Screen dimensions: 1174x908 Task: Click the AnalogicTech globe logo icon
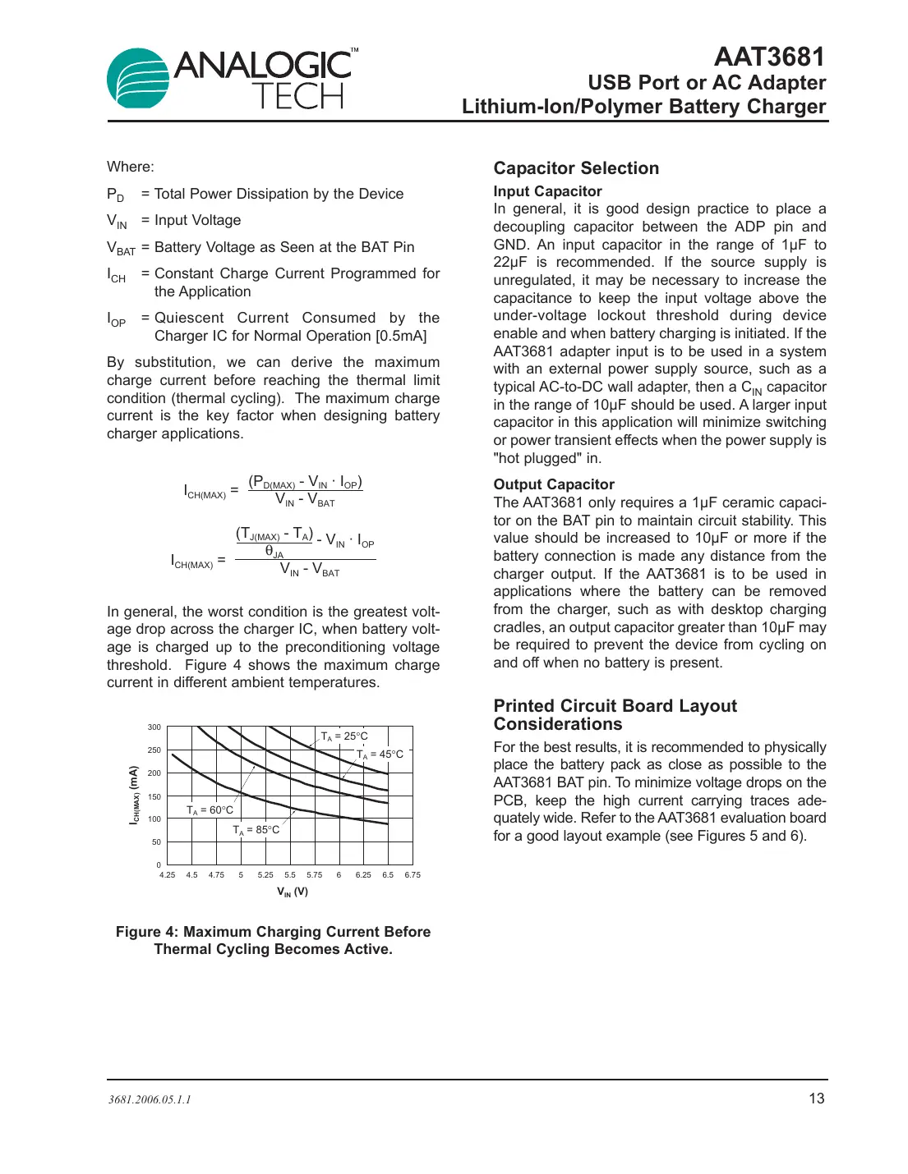coord(137,79)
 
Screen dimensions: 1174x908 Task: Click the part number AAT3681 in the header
coord(769,57)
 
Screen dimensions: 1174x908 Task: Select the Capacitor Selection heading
coord(576,168)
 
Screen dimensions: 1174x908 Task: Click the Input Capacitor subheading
coord(547,191)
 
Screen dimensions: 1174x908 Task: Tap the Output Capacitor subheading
coord(554,484)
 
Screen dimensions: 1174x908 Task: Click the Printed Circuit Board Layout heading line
coord(615,706)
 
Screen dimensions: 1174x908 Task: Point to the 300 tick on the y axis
coord(154,727)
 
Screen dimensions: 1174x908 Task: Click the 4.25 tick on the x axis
coord(167,875)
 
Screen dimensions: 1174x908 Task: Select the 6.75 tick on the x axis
coord(413,875)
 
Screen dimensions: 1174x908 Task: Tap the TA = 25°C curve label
coord(344,736)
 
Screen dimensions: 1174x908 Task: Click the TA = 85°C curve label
coord(256,830)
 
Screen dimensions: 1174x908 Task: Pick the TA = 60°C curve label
coord(210,810)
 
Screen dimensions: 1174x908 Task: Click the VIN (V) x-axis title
coord(293,892)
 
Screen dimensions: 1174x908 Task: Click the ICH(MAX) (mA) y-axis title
coord(134,795)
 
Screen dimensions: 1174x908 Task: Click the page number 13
coord(816,1098)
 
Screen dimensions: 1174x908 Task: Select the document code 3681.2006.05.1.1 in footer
coord(150,1099)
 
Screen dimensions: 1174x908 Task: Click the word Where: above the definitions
coord(131,167)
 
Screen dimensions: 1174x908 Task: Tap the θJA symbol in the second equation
coord(274,552)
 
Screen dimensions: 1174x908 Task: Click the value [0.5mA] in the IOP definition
coord(401,336)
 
